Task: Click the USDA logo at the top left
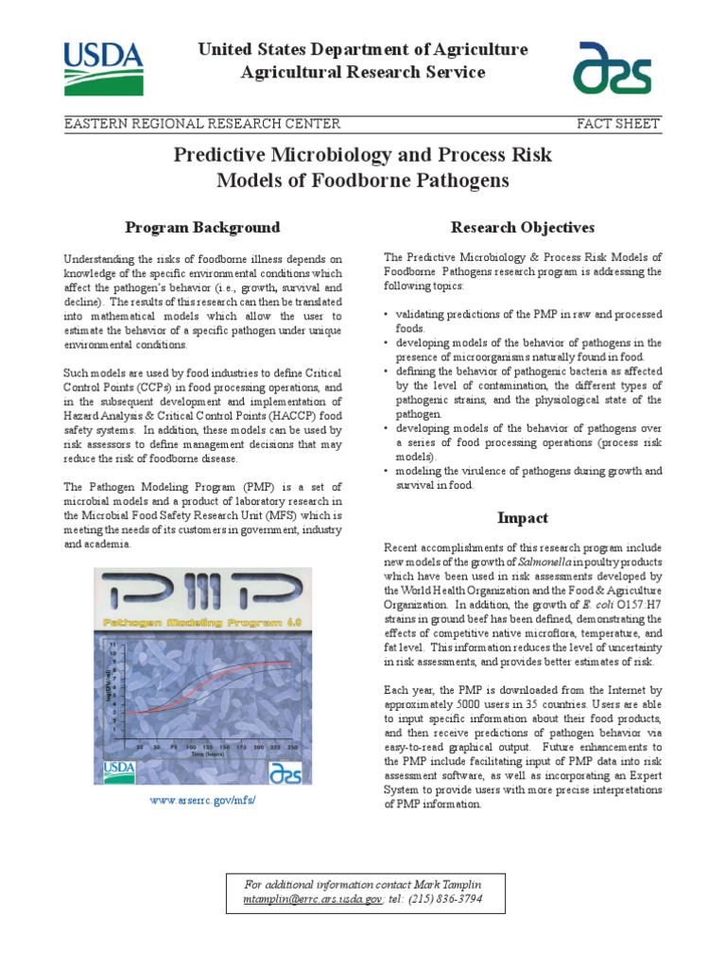(x=104, y=67)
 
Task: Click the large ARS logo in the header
(x=615, y=68)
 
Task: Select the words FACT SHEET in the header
(x=618, y=124)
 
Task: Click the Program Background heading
(x=203, y=227)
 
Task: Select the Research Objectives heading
(x=523, y=227)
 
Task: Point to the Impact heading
(x=523, y=517)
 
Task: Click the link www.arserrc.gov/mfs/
(x=203, y=800)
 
